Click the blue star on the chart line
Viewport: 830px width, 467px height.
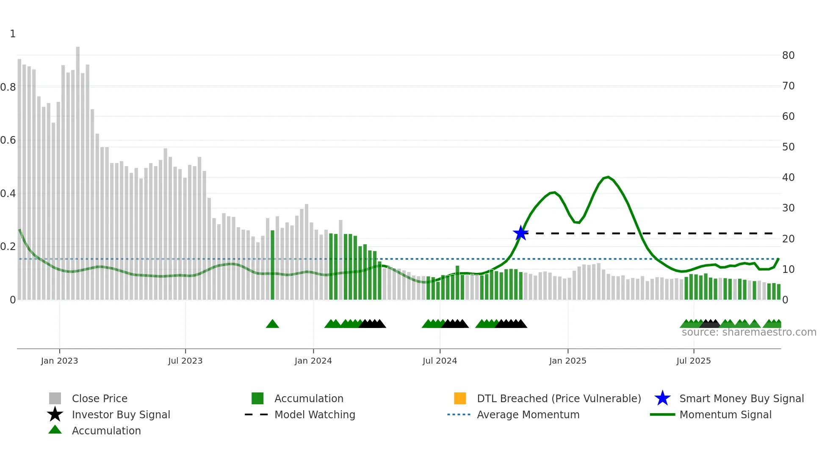click(x=520, y=233)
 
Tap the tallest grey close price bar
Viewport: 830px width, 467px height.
click(x=78, y=170)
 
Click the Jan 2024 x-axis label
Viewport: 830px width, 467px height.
click(x=313, y=361)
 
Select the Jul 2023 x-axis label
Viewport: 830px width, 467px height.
click(x=185, y=361)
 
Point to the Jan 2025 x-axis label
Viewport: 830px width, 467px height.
click(x=567, y=361)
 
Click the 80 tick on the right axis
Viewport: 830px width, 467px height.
click(x=788, y=56)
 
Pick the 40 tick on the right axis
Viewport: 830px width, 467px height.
click(x=788, y=178)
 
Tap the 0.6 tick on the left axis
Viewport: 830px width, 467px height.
click(x=8, y=140)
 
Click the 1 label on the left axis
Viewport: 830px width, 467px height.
click(x=13, y=34)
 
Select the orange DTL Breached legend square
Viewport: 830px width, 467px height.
click(x=460, y=398)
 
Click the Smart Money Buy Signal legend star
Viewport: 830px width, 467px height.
click(x=662, y=398)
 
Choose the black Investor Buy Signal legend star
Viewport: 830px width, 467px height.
click(x=55, y=414)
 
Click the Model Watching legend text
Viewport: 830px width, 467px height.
click(x=315, y=414)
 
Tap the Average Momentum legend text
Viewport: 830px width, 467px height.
click(x=528, y=414)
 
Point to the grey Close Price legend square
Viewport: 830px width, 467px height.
click(x=55, y=398)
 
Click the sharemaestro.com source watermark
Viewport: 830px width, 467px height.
click(x=749, y=332)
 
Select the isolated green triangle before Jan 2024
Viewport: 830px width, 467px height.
click(x=272, y=324)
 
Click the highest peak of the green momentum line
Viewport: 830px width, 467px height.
click(x=608, y=177)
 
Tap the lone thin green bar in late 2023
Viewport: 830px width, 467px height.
click(x=272, y=265)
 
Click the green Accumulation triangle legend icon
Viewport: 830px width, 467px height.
click(x=55, y=430)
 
